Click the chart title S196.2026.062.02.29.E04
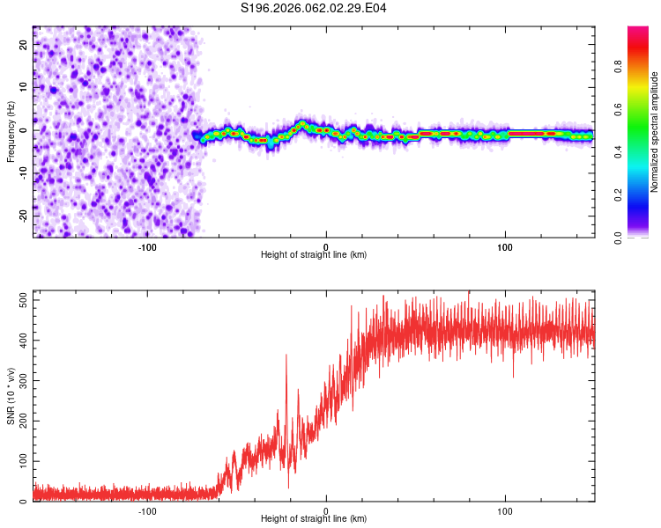click(x=314, y=8)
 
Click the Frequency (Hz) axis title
click(x=11, y=132)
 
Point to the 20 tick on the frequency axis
click(x=24, y=44)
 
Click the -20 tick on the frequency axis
click(x=22, y=215)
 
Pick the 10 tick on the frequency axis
click(x=24, y=87)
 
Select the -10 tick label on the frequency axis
click(x=22, y=172)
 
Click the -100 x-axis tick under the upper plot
click(x=147, y=246)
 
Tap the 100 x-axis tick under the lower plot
click(x=505, y=510)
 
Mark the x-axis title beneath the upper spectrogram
click(x=314, y=255)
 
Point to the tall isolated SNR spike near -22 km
click(x=286, y=356)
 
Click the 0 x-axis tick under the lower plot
click(x=326, y=510)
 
